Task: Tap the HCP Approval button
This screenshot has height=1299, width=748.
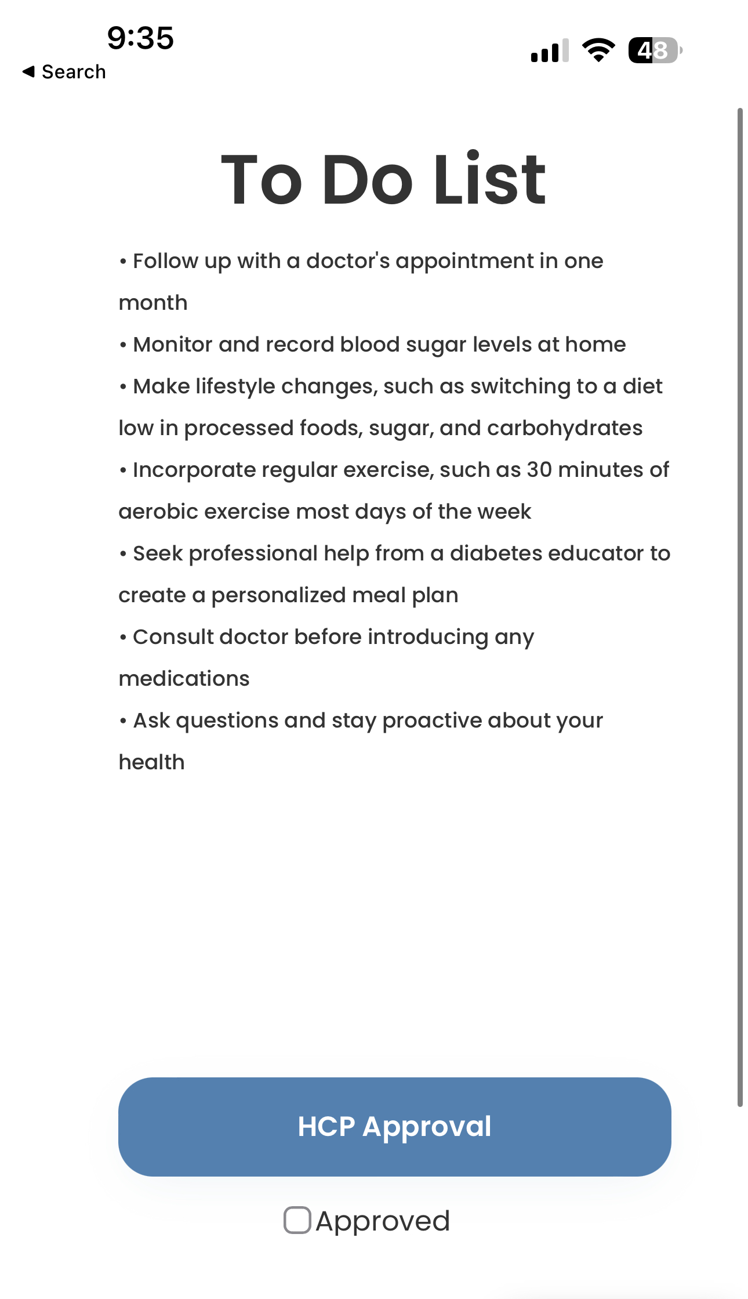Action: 394,1127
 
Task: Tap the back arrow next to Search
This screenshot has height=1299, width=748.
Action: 28,71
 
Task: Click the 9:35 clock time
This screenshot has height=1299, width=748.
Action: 140,38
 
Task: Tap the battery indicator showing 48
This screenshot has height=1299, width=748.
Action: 654,50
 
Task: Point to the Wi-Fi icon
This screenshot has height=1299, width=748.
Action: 598,50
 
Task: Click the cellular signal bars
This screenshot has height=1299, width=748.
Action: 549,50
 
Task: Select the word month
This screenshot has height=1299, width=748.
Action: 153,303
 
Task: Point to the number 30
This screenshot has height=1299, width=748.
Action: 539,470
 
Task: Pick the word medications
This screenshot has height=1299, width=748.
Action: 184,679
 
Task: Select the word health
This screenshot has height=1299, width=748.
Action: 151,762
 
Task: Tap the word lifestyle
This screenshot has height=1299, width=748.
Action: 235,386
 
